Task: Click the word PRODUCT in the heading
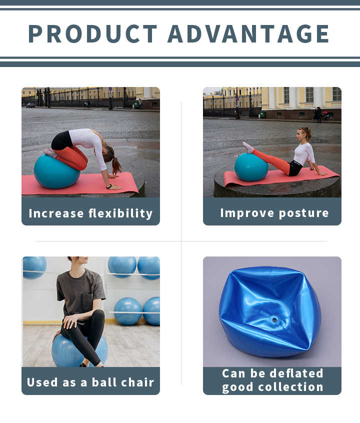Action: (93, 33)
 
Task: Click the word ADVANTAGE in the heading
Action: (248, 33)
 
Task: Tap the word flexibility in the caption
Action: (120, 213)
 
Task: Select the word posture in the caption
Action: (303, 213)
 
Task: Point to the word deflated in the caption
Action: (296, 373)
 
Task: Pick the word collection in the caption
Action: (290, 387)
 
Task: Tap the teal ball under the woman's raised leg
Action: (251, 167)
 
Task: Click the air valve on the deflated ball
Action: (274, 320)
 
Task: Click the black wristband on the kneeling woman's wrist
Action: (109, 186)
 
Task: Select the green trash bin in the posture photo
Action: (263, 114)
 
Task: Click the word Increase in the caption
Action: (56, 213)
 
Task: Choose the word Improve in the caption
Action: (247, 213)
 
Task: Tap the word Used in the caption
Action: (42, 382)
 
